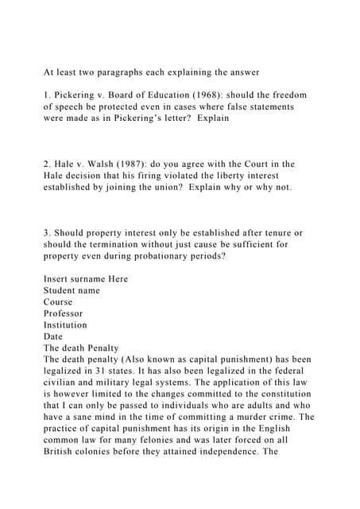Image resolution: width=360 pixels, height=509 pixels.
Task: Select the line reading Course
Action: point(58,302)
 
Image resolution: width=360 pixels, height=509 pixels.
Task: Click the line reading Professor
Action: point(63,313)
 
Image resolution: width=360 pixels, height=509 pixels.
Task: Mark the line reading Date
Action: point(52,336)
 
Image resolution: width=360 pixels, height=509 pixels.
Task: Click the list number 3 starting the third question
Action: point(46,234)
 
